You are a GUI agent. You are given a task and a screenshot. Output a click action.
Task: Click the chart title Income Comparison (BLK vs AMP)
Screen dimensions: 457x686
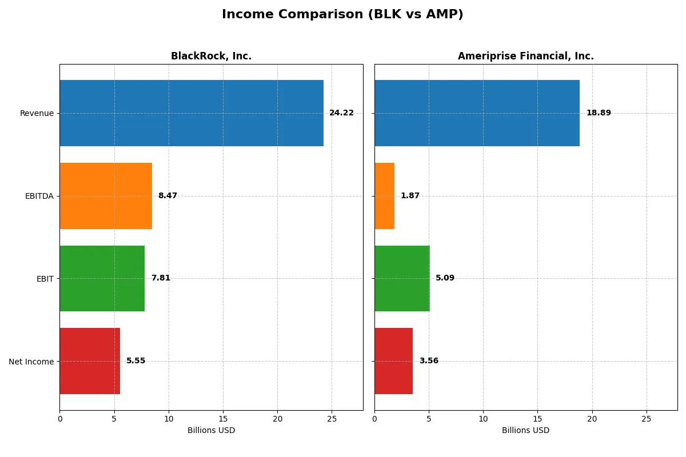click(342, 14)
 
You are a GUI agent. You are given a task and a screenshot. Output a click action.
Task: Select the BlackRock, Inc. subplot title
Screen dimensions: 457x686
click(211, 56)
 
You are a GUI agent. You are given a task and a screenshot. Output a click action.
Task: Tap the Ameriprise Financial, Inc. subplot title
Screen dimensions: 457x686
click(525, 56)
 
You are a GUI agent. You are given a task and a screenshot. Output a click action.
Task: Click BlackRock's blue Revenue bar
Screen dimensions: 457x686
click(192, 113)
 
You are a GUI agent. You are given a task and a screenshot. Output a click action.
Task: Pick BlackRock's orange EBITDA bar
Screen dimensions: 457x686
click(106, 196)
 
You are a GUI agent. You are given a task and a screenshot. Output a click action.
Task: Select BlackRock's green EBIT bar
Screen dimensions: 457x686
click(102, 278)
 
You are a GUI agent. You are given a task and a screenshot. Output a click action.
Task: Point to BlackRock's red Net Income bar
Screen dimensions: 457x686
click(90, 361)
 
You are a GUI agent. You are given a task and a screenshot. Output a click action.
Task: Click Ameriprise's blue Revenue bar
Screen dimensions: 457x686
click(477, 113)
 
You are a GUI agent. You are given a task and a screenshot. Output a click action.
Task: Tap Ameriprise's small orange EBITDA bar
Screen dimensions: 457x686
click(384, 196)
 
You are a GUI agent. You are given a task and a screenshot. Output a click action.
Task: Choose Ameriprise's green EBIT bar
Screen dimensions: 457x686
click(402, 278)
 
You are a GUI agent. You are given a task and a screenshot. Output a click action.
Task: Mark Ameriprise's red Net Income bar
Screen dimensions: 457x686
click(393, 361)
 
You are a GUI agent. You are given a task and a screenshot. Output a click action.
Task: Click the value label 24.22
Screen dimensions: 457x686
click(341, 113)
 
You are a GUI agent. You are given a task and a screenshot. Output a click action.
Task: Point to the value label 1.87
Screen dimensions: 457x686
click(410, 196)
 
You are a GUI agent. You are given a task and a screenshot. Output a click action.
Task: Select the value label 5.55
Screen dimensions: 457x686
click(135, 361)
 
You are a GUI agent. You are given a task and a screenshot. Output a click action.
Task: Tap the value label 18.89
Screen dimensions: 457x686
click(599, 113)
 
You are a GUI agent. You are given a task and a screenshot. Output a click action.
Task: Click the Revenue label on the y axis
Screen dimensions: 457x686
click(37, 113)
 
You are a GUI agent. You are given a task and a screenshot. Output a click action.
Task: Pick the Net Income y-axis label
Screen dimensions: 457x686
click(31, 362)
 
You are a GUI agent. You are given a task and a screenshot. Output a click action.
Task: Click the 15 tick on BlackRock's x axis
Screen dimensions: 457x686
click(223, 419)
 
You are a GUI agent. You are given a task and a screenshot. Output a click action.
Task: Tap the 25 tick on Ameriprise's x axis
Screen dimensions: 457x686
click(647, 419)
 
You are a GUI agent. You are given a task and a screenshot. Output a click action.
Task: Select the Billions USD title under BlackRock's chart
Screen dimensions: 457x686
click(211, 431)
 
